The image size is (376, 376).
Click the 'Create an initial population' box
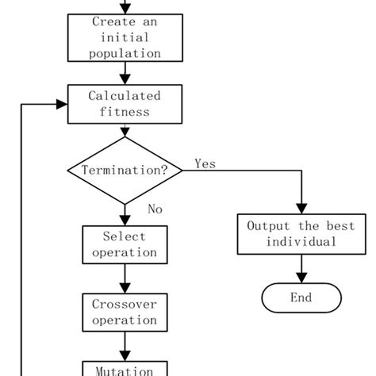(125, 37)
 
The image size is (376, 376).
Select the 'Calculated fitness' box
(125, 104)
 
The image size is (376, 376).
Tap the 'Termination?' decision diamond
(125, 171)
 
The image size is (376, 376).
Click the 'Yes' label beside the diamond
(205, 163)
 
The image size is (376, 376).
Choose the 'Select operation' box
(125, 245)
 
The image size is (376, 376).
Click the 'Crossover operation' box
(125, 312)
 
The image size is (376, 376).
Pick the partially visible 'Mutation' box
(125, 369)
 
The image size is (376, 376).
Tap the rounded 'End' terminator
(301, 298)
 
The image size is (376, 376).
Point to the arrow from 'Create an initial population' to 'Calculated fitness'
(125, 74)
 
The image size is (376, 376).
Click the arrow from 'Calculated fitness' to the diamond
(125, 130)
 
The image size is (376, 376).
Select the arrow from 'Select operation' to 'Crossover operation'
(125, 278)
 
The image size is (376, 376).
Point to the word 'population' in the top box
(125, 53)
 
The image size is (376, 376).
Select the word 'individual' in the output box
(301, 242)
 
